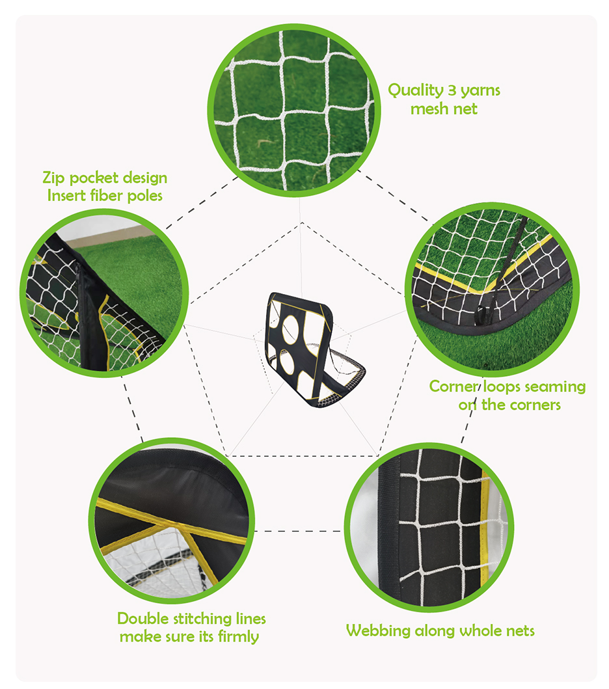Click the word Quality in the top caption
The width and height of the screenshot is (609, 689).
click(414, 90)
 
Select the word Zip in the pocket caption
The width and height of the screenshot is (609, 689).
click(55, 178)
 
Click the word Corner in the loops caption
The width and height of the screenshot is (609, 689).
click(453, 386)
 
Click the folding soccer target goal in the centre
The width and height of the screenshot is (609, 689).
click(311, 348)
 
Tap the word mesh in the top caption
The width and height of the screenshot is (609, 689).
click(426, 109)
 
